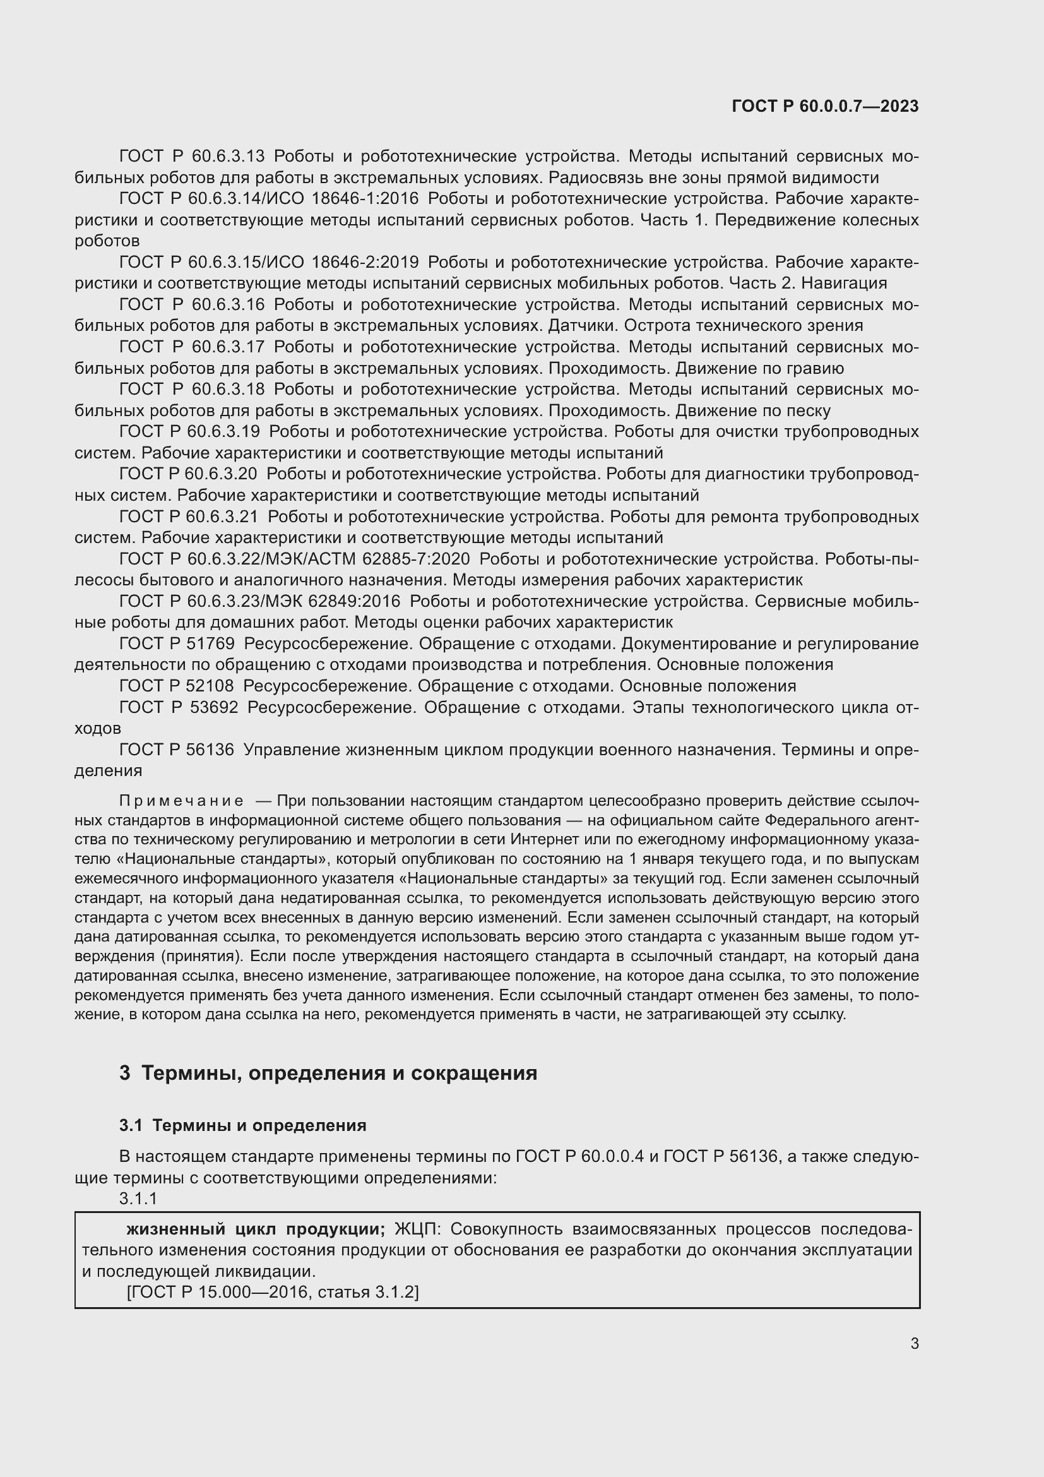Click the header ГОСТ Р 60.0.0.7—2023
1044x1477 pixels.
[825, 106]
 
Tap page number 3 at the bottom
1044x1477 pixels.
[914, 1344]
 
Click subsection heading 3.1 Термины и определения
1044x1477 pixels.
[243, 1125]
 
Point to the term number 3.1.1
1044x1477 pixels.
[138, 1199]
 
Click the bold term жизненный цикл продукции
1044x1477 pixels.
[255, 1229]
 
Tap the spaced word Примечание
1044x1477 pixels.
[181, 801]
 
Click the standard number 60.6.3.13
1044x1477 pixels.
[228, 157]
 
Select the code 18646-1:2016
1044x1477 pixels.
[364, 199]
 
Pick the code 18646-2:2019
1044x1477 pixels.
[364, 263]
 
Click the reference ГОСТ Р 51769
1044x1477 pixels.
[177, 644]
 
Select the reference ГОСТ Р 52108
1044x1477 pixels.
[176, 686]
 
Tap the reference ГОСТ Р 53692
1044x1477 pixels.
[179, 708]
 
